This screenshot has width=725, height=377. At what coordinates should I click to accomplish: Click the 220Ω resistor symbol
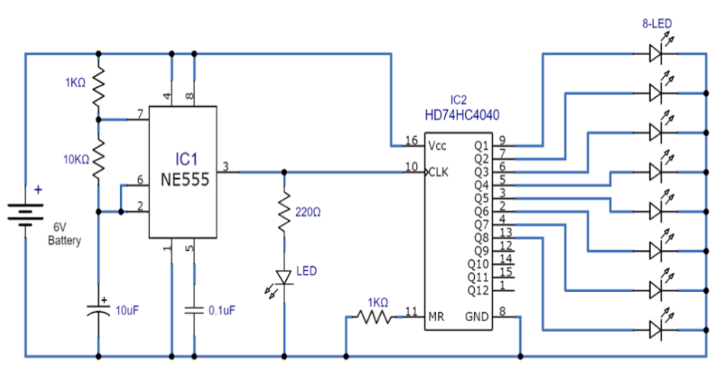click(284, 213)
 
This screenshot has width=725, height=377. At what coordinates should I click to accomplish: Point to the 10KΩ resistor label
click(76, 160)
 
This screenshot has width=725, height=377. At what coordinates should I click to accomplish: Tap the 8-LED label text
click(657, 24)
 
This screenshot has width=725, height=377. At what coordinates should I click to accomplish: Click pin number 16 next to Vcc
click(411, 141)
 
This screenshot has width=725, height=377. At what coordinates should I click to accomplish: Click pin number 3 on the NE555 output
click(225, 166)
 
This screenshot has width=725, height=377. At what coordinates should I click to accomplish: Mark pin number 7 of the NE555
click(140, 114)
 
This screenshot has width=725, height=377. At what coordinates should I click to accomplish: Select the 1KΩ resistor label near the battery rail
click(75, 82)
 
